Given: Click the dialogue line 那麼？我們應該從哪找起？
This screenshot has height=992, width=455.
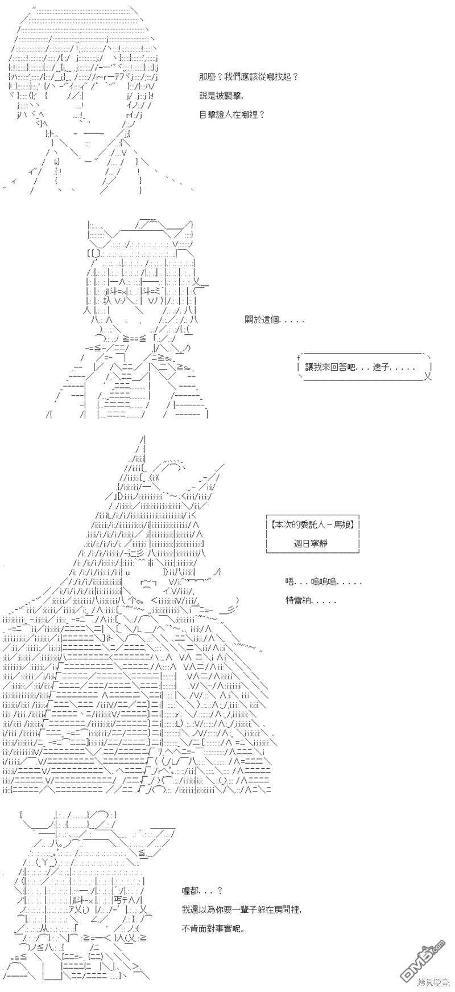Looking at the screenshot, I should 249,77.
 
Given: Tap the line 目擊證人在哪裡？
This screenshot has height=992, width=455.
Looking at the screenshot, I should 233,114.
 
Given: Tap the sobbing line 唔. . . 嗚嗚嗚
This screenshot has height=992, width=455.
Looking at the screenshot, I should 323,581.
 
